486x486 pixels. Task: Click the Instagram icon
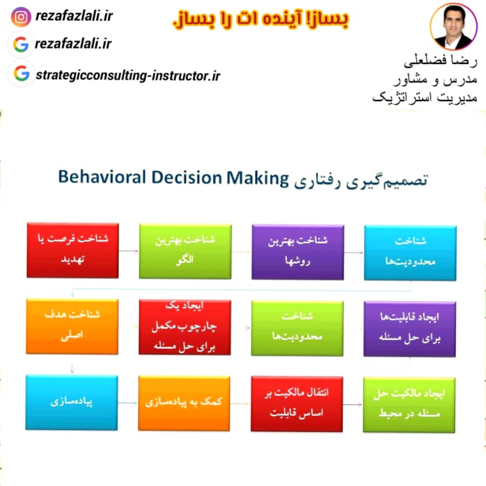tap(21, 17)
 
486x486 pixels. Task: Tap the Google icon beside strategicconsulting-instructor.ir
tap(21, 73)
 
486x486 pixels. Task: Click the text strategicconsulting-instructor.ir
tap(128, 75)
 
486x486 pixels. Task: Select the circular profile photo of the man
tap(454, 27)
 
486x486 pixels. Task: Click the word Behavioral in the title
tap(102, 177)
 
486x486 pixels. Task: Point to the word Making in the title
tap(257, 179)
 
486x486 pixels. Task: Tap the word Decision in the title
tap(187, 178)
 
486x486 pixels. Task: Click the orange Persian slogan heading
tap(260, 19)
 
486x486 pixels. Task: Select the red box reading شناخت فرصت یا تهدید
tap(73, 250)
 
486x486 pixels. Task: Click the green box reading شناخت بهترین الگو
tap(185, 252)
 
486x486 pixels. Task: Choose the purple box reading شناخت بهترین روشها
tap(298, 252)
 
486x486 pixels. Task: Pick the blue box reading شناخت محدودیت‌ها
tap(410, 253)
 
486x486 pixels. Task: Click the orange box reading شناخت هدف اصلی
tap(72, 327)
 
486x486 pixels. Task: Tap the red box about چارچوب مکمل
tap(185, 327)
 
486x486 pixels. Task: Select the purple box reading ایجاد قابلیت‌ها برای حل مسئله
tap(410, 329)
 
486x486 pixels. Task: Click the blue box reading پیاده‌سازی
tap(71, 402)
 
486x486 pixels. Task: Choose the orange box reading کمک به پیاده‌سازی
tap(184, 403)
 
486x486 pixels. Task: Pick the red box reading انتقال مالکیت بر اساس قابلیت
tap(297, 404)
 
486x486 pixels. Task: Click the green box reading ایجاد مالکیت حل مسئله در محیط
tap(409, 405)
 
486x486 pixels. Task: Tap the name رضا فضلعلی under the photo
tap(440, 61)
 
